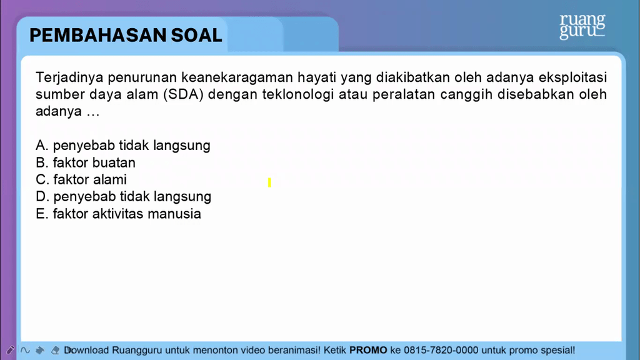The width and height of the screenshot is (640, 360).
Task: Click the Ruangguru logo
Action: [582, 26]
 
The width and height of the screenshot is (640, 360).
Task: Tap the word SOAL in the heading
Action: [196, 36]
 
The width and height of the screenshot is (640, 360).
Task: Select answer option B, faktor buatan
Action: [86, 162]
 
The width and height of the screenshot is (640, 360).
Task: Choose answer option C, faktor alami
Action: [81, 179]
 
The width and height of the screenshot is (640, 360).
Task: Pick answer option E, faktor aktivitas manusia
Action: [118, 214]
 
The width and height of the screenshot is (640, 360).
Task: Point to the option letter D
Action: [42, 197]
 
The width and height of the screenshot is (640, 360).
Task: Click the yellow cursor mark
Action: [269, 182]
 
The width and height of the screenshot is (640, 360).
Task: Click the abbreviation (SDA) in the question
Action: [183, 95]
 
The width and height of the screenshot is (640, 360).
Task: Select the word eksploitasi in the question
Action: [573, 77]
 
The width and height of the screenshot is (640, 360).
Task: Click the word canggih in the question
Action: [466, 95]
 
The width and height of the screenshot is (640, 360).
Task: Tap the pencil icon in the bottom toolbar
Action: [10, 350]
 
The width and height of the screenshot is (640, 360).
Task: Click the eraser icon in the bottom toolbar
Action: [55, 350]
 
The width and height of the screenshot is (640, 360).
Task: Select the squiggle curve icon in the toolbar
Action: [25, 350]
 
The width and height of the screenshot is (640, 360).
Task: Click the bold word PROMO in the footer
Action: [368, 350]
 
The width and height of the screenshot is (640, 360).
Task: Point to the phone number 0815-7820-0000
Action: [441, 350]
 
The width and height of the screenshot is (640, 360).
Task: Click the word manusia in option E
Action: [174, 214]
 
